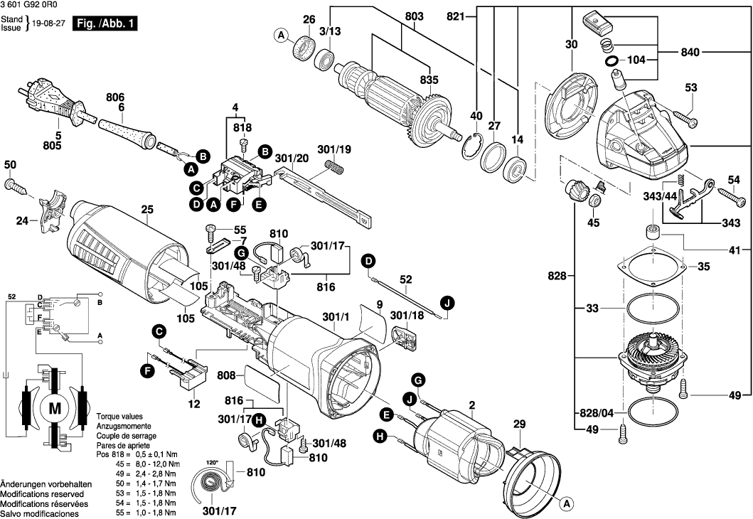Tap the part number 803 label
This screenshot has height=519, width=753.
(x=413, y=16)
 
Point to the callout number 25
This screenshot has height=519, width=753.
(x=147, y=210)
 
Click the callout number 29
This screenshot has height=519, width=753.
(x=520, y=424)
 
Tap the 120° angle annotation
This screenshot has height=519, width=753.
(x=212, y=463)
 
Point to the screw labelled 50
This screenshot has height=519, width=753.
(x=16, y=186)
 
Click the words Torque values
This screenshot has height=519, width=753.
(x=119, y=416)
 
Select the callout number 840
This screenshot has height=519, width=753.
(x=690, y=52)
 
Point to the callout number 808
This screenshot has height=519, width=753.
(x=226, y=375)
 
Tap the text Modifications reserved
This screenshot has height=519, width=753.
(x=42, y=493)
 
